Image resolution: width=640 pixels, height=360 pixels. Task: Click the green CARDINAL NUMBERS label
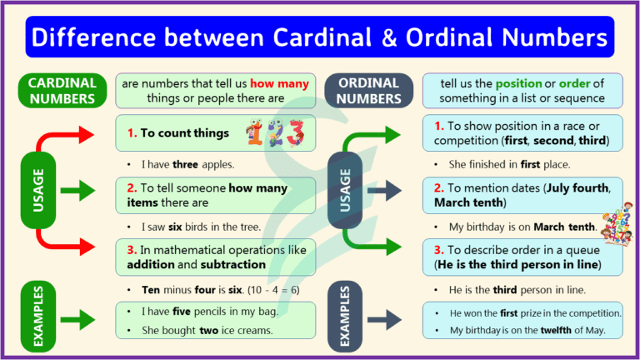click(62, 91)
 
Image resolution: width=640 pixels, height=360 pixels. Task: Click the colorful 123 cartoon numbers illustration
click(276, 132)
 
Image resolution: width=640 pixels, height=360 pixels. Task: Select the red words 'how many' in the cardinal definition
click(279, 83)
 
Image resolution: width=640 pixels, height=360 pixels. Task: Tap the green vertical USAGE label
click(38, 190)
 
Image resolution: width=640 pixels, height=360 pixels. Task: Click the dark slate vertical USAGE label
click(346, 190)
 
